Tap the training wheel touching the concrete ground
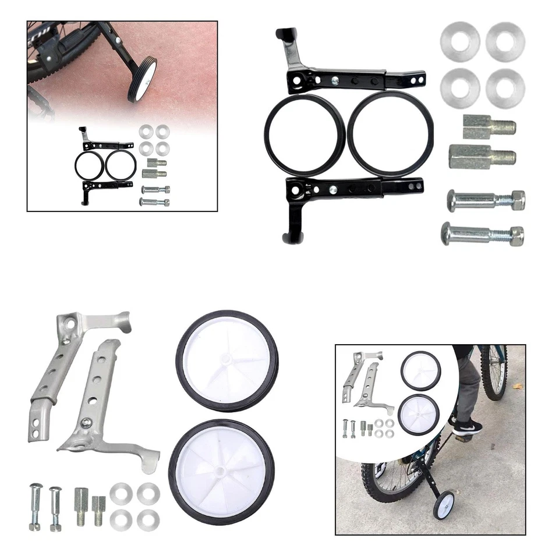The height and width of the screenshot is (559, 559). [444, 504]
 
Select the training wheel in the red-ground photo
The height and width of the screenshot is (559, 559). [142, 79]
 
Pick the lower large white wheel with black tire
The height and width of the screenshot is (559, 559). [221, 472]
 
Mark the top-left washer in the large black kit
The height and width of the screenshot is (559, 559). [460, 41]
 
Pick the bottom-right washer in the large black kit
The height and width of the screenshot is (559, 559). [505, 88]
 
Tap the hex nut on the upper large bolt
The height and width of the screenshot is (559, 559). [515, 200]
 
